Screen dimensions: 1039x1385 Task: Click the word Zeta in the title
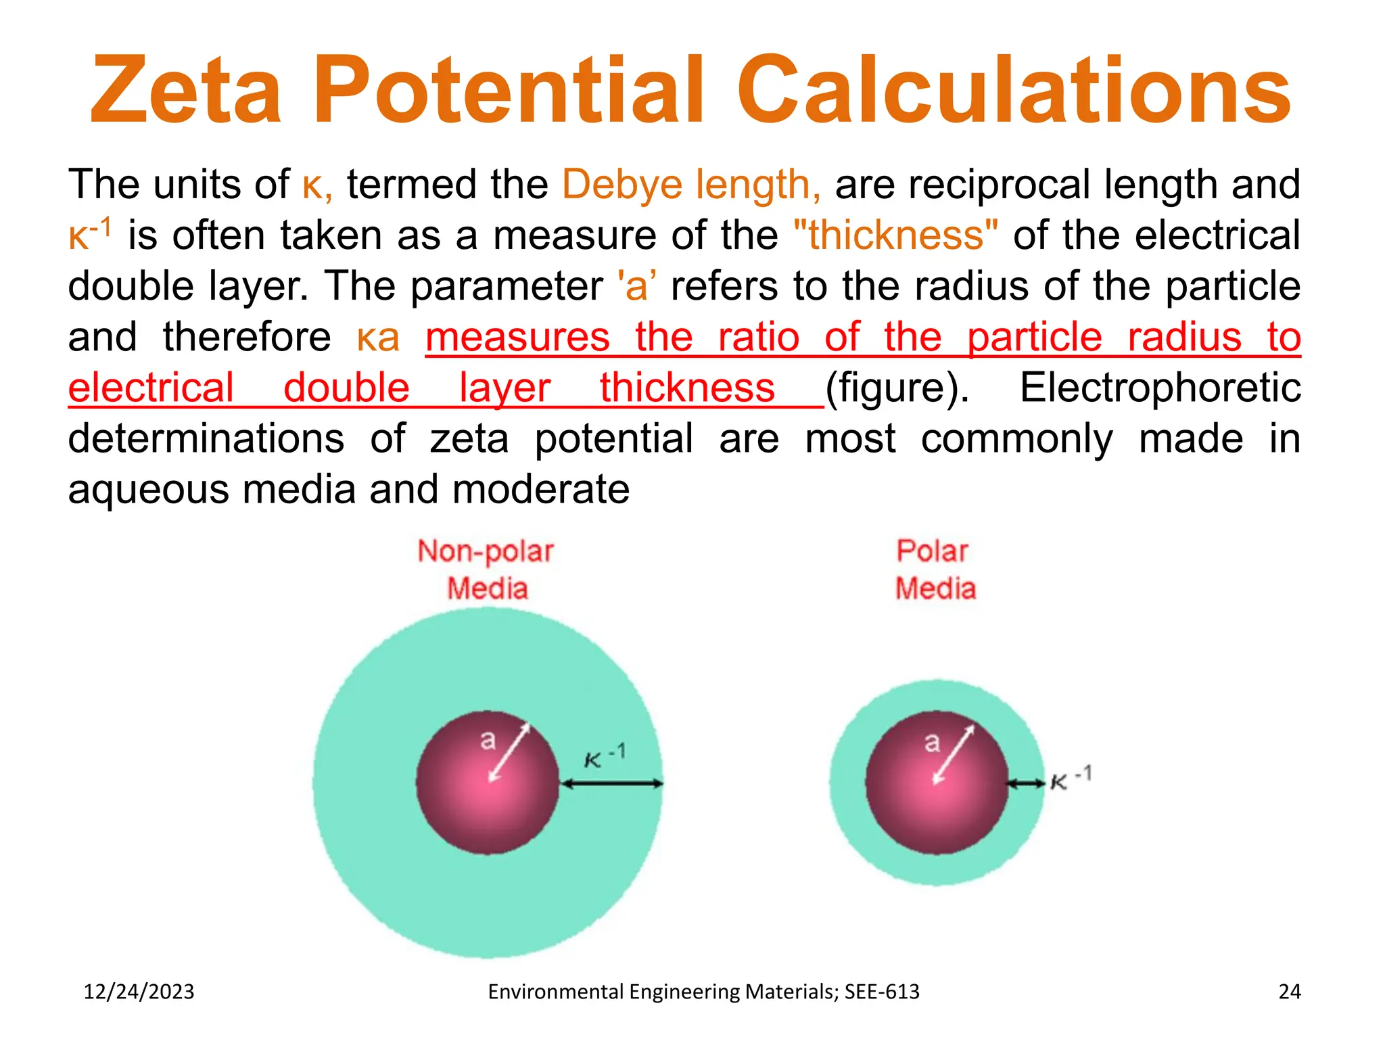point(186,91)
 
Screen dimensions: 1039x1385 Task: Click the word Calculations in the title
point(1014,91)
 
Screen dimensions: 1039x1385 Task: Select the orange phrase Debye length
point(691,185)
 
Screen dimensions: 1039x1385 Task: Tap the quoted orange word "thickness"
point(895,235)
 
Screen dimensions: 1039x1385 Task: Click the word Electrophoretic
point(1160,388)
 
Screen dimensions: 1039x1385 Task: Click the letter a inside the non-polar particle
point(488,739)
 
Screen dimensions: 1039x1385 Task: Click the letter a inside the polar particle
point(932,742)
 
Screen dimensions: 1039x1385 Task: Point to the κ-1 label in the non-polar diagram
point(605,756)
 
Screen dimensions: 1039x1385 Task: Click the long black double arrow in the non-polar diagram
point(612,784)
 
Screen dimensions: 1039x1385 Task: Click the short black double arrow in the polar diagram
point(1026,784)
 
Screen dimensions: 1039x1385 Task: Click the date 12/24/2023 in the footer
point(139,992)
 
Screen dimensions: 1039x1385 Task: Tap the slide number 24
point(1289,992)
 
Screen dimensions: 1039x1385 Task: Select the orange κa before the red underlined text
point(378,338)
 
